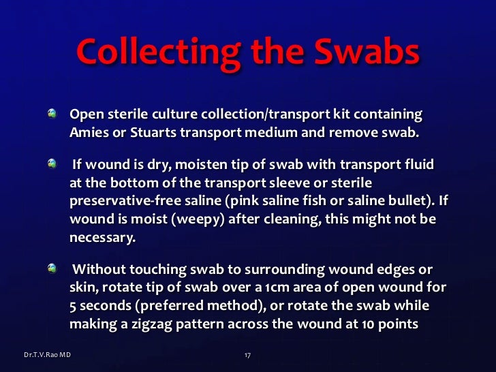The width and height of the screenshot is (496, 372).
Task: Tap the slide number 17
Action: click(248, 356)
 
